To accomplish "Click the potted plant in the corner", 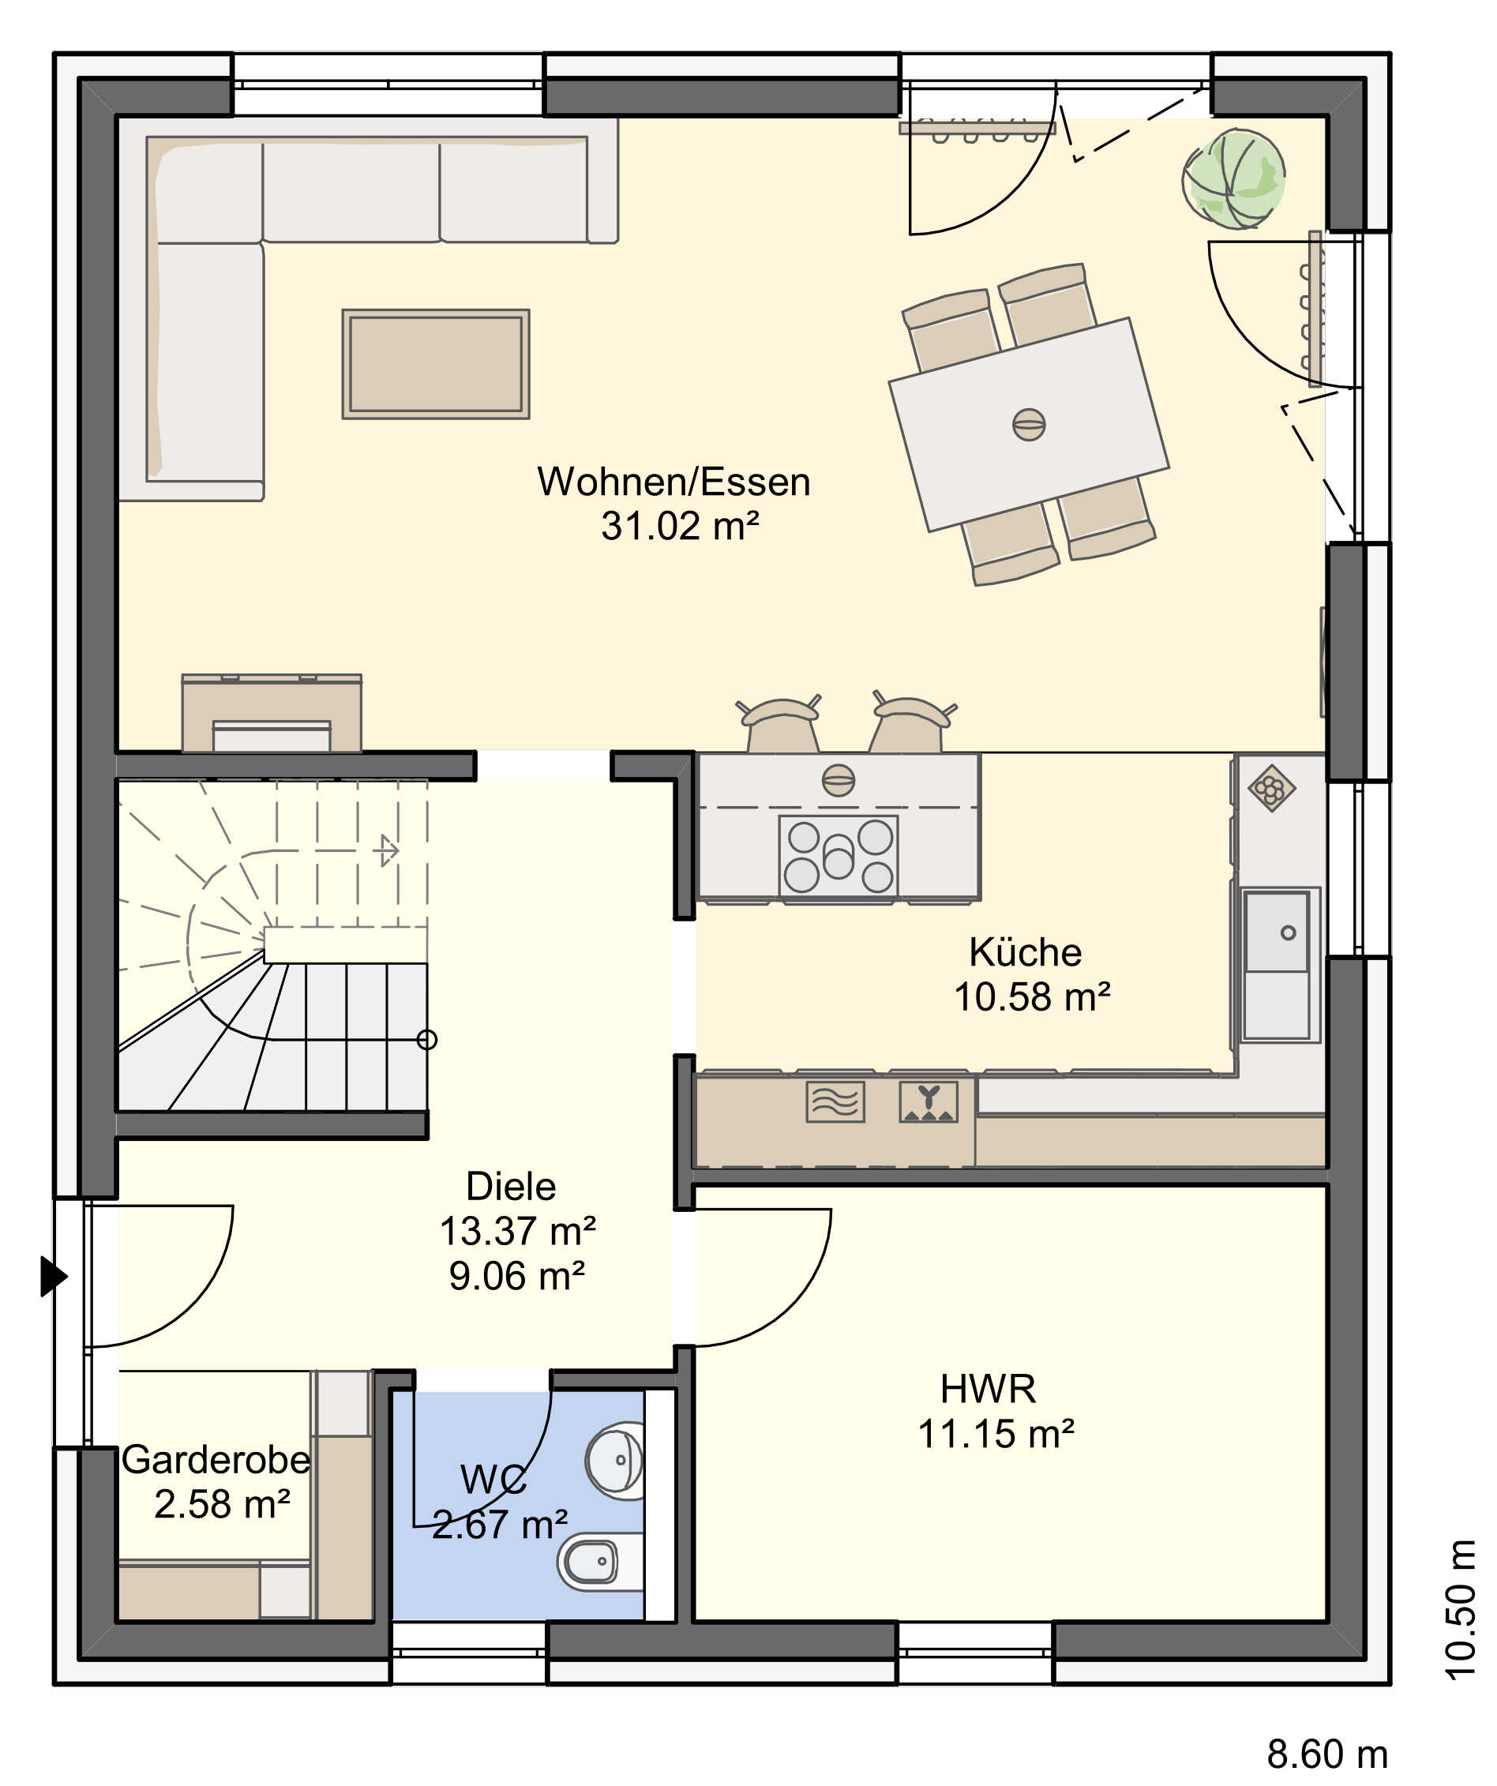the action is pos(1234,179).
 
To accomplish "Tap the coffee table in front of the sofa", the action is pos(436,364).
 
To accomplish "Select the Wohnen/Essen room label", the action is pos(673,482).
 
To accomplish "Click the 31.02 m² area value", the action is pos(680,526).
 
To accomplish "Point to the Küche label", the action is pos(1025,951).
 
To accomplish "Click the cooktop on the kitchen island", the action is pos(838,856).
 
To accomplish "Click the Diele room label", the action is pos(511,1186).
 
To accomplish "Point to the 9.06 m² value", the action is pos(517,1276).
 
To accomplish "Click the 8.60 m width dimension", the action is pos(1327,1754).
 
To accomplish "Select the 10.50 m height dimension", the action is pos(1461,1610).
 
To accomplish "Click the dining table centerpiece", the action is pos(1030,424).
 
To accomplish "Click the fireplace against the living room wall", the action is pos(272,714).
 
